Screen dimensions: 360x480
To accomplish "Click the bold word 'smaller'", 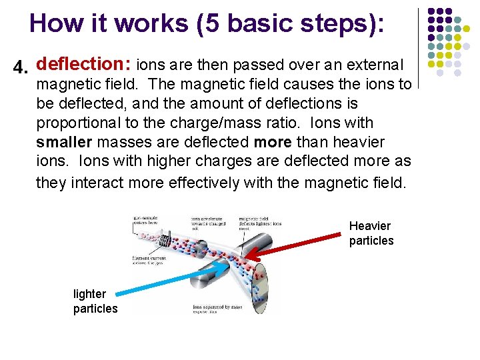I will click(x=65, y=142).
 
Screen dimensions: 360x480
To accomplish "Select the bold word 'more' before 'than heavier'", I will click(x=273, y=142).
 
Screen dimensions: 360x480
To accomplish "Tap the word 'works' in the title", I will click(x=150, y=23).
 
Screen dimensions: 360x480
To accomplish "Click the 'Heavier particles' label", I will click(x=371, y=233).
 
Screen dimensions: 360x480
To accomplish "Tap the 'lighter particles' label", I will click(x=95, y=301).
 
